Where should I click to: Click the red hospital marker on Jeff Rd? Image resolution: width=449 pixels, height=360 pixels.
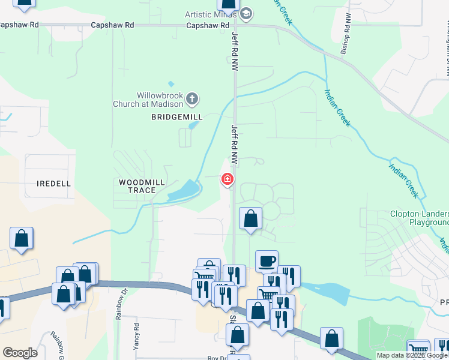click(228, 179)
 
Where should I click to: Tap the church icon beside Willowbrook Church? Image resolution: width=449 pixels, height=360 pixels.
click(192, 98)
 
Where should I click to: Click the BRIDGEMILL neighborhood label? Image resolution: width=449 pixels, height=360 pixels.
click(177, 117)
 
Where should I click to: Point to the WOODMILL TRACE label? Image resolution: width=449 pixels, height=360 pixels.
click(137, 186)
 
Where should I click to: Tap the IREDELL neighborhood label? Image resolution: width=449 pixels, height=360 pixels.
click(53, 183)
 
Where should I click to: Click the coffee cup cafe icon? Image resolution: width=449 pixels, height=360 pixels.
click(267, 261)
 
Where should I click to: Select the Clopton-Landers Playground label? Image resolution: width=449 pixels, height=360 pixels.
click(420, 218)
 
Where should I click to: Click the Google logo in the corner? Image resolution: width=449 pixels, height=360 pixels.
click(20, 353)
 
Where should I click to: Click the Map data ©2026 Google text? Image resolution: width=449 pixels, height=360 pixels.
click(412, 356)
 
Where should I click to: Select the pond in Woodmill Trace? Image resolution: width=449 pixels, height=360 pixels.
click(184, 191)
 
